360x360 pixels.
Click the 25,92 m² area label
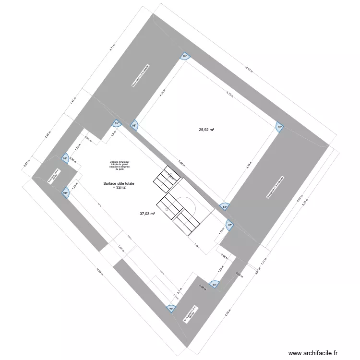coord(206,130)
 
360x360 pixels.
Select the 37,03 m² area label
coord(147,214)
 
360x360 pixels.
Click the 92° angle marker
coord(279,127)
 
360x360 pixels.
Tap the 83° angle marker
coord(224,206)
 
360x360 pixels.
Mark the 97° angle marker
coord(229,225)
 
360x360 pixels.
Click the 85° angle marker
coord(116,123)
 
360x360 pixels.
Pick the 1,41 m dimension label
coord(72,101)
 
